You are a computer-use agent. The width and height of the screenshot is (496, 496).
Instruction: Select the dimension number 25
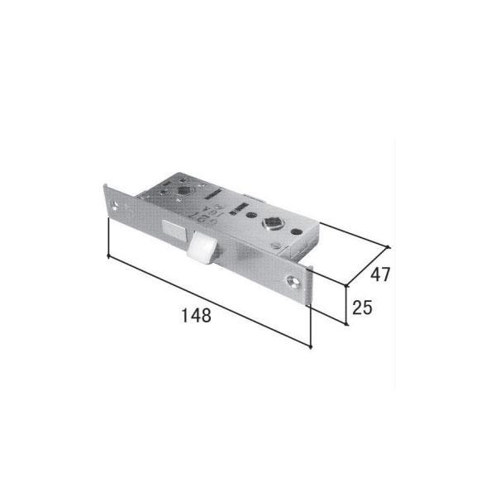(362, 308)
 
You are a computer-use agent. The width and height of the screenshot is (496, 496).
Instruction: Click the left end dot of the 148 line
(109, 257)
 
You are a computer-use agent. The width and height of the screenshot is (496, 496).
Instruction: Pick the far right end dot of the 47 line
(389, 245)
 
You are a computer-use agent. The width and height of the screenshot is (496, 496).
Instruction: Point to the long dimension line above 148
(209, 302)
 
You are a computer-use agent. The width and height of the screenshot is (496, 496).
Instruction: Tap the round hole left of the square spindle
(250, 215)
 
